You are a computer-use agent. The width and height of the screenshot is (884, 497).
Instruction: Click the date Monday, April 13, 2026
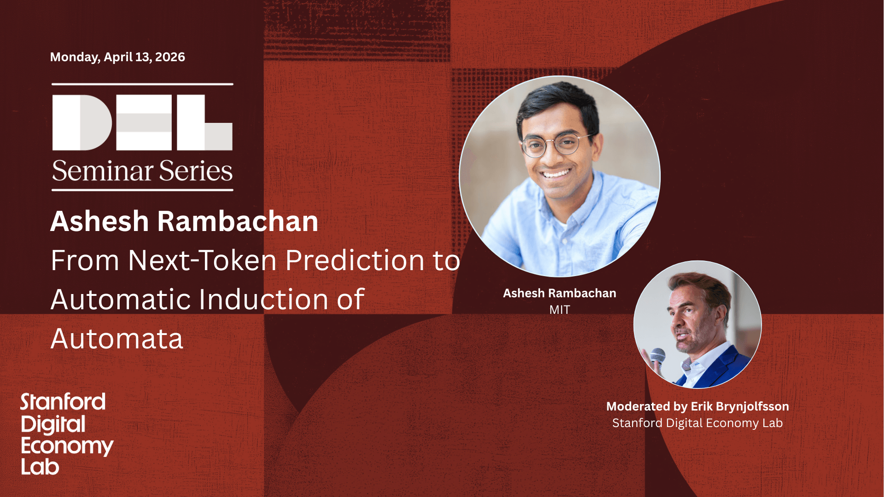tap(117, 57)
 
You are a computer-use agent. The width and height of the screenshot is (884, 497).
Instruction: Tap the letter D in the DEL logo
tap(82, 122)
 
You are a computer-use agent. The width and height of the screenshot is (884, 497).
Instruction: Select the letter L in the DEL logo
tap(204, 122)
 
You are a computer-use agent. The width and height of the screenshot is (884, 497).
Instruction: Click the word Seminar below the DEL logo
tap(103, 171)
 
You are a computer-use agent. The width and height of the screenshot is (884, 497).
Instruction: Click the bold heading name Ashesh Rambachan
tap(184, 221)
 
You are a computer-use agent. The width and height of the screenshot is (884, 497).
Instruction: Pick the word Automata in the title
tap(117, 339)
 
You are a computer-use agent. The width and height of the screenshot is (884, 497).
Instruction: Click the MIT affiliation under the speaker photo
tap(559, 310)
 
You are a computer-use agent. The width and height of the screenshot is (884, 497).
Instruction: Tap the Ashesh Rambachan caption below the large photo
tap(559, 293)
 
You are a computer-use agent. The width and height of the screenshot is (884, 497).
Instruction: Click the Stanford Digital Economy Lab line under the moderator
tap(698, 423)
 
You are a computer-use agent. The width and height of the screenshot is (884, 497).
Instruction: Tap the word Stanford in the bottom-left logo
tap(63, 402)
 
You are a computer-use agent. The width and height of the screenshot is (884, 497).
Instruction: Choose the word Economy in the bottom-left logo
tap(67, 446)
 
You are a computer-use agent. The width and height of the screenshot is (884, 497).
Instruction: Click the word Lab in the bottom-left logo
tap(40, 467)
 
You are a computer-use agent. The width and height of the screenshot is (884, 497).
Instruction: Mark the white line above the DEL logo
tap(142, 84)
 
